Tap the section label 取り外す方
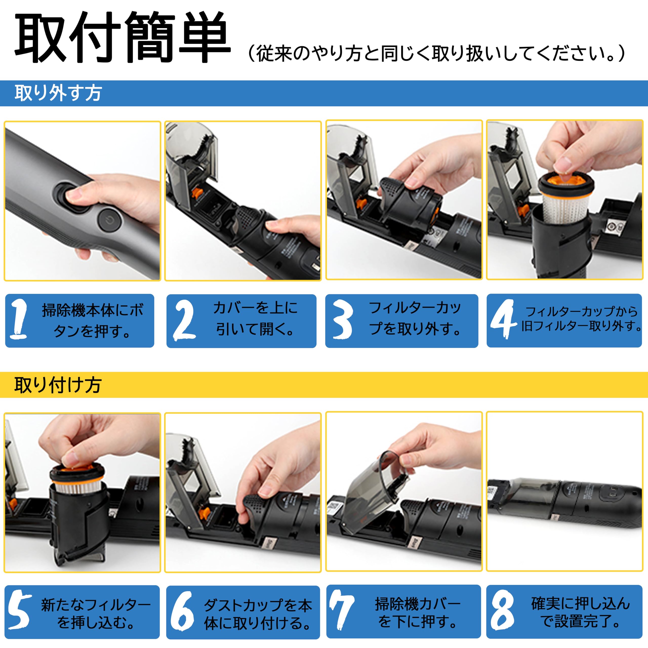click(x=58, y=93)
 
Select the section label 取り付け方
click(x=58, y=385)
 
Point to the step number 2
click(x=184, y=319)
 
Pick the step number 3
click(x=343, y=319)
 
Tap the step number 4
click(x=503, y=319)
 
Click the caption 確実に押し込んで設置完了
click(x=580, y=612)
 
